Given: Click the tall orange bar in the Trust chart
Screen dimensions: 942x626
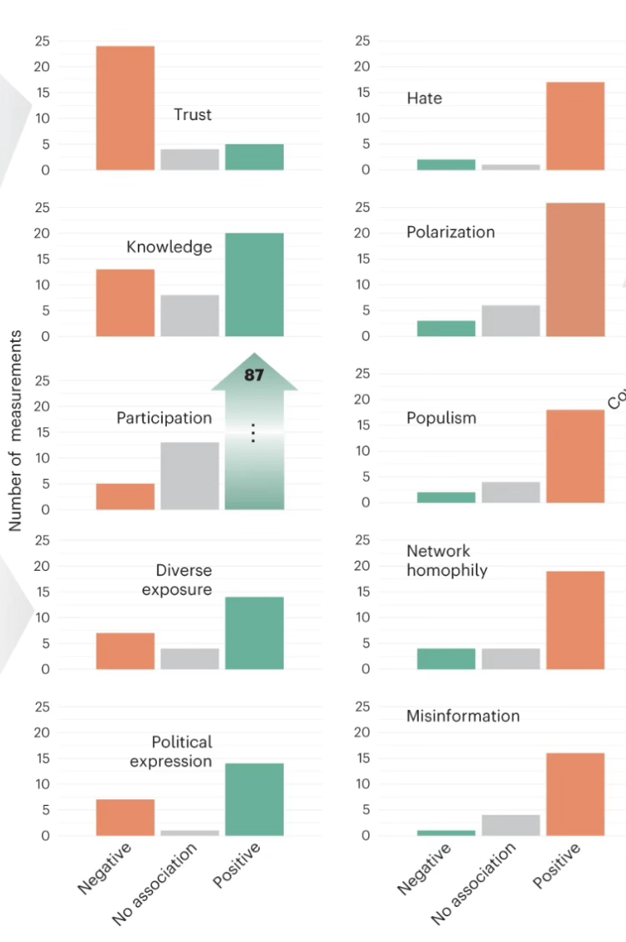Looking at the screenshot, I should tap(125, 108).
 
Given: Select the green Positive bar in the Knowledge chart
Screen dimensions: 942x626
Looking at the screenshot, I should tap(255, 285).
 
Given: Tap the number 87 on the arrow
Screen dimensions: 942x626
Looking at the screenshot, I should tap(254, 375).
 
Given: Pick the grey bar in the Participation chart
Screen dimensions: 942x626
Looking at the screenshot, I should tap(189, 476).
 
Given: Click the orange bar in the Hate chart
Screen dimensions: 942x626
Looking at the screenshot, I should tap(575, 126).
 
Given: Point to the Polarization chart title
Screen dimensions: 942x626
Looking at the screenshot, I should tap(451, 232).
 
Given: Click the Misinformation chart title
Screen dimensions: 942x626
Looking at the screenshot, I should tap(462, 716).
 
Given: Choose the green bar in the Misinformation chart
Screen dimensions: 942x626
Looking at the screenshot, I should tap(446, 833).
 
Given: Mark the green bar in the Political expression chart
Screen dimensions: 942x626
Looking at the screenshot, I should tap(255, 799).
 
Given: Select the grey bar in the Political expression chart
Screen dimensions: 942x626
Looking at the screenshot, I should tap(189, 833).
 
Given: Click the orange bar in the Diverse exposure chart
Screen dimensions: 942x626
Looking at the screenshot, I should tap(125, 651).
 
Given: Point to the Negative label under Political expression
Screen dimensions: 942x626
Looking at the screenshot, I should tap(105, 868).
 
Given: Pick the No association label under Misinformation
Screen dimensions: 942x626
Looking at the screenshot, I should tap(473, 884).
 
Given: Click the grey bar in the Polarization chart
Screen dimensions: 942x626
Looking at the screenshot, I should tap(511, 321).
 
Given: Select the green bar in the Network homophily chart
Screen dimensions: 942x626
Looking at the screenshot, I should tap(446, 658).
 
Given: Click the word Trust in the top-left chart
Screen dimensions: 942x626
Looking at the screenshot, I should tap(193, 114).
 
